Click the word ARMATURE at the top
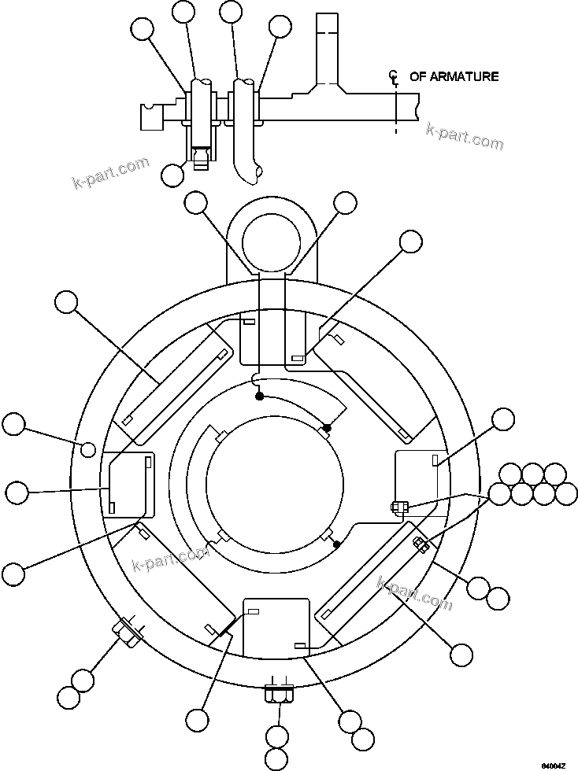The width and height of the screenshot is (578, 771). [465, 76]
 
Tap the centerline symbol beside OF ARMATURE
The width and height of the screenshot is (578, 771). [394, 77]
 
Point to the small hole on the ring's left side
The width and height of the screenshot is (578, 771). [89, 448]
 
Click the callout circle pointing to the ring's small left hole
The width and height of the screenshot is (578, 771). [13, 425]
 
